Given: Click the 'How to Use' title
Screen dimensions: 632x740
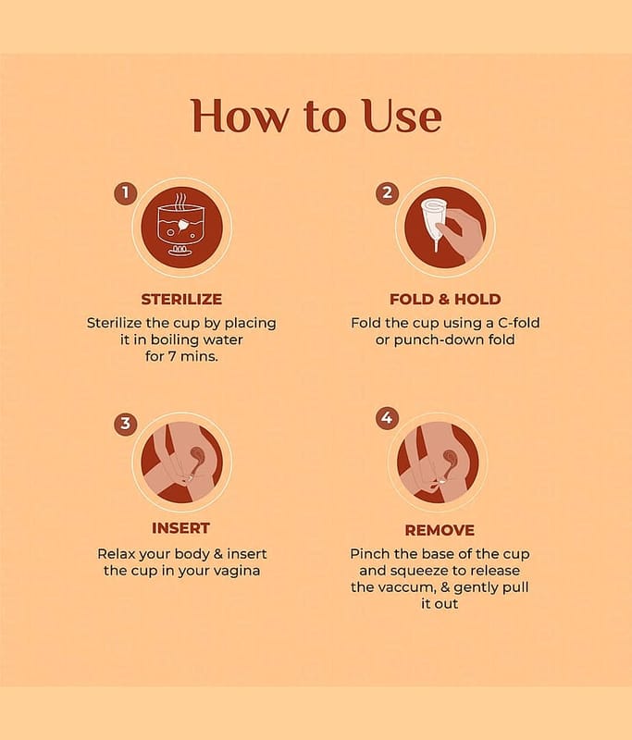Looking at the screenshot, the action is pos(316,116).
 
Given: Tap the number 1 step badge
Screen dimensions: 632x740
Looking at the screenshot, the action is pos(126,193).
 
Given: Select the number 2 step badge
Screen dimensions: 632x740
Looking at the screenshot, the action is pos(387,193).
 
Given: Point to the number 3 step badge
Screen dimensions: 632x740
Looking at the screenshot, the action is pos(126,424).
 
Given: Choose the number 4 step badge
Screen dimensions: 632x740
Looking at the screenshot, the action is pos(387,418).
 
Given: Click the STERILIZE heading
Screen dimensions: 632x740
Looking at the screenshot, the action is pos(181,299).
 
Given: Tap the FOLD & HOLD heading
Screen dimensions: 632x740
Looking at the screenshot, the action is pos(445,299).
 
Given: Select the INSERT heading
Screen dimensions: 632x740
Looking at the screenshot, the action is pos(180,528).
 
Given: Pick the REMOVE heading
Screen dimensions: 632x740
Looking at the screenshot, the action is pos(440,530).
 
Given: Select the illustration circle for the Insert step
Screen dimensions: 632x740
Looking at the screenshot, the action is pos(181,462).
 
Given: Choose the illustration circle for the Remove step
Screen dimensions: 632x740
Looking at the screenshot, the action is pos(438,462).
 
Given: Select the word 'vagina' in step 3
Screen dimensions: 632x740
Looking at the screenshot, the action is pos(237,571).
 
